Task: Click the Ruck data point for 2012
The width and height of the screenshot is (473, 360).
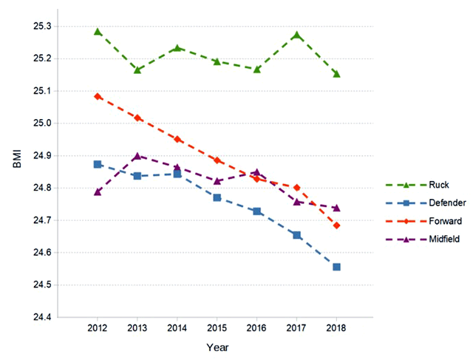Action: pyautogui.click(x=98, y=32)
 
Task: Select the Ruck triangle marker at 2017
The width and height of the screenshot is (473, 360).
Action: pyautogui.click(x=296, y=35)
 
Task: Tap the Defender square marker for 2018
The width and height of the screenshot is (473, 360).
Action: pyautogui.click(x=336, y=267)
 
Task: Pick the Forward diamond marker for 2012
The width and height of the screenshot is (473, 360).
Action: pyautogui.click(x=98, y=96)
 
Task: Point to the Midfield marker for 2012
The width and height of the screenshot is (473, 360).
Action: pyautogui.click(x=98, y=191)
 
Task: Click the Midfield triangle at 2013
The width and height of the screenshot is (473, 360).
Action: pyautogui.click(x=137, y=156)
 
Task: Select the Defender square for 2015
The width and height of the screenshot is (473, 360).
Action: pyautogui.click(x=217, y=197)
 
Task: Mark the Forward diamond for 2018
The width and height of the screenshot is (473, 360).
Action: pyautogui.click(x=336, y=225)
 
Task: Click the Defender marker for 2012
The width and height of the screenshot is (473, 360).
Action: pyautogui.click(x=98, y=164)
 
